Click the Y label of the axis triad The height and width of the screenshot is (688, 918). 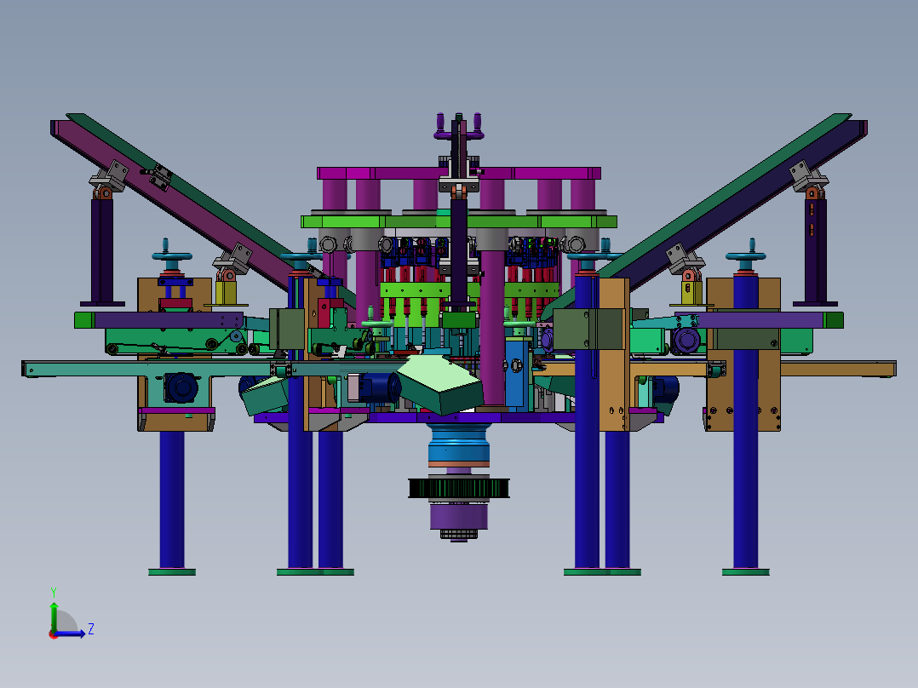54,592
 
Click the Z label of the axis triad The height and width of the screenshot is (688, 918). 91,629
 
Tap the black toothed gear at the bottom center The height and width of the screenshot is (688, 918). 458,489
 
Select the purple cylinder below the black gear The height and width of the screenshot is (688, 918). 459,516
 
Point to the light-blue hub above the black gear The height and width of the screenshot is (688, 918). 458,445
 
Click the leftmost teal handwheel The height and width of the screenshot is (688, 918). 172,256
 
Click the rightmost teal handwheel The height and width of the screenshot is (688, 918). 746,256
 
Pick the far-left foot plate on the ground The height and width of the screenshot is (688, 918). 171,572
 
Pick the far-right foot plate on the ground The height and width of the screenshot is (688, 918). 745,572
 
